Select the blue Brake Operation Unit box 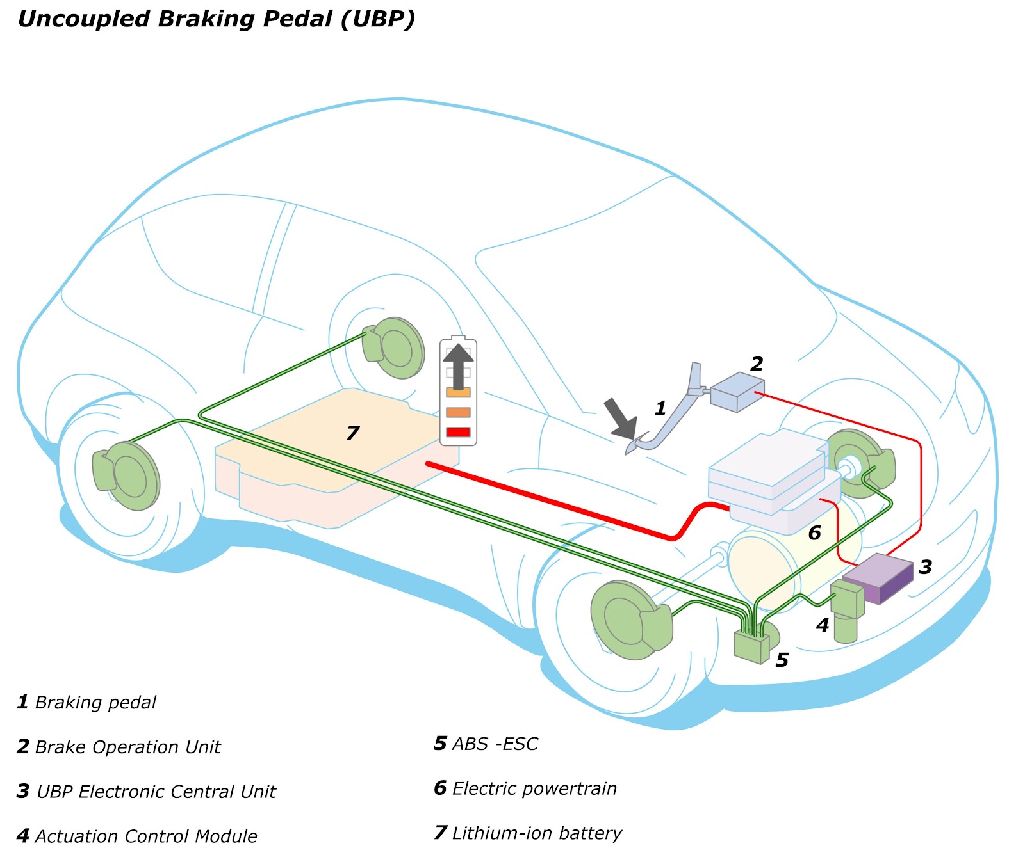[737, 391]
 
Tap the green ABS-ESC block [751, 646]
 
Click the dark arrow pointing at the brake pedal [621, 417]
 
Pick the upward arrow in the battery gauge [458, 365]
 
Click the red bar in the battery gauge [458, 432]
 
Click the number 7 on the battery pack [353, 433]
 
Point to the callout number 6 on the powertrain [814, 532]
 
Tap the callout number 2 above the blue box [757, 364]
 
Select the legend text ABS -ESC [495, 744]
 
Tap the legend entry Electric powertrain [534, 788]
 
